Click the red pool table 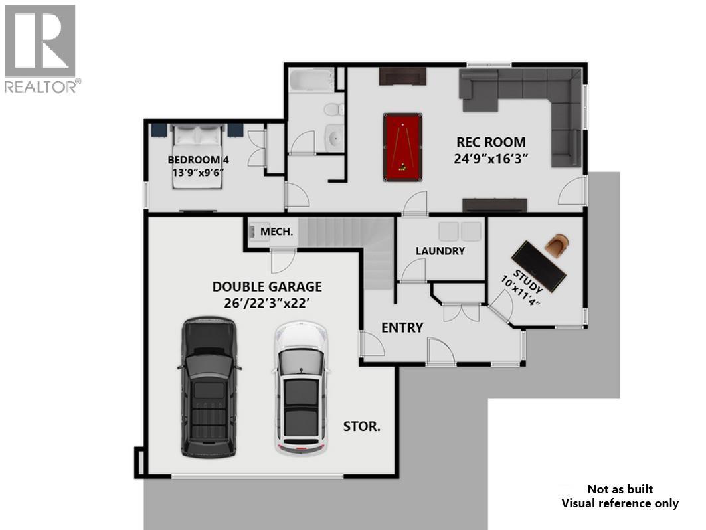pos(402,146)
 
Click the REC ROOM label pos(491,142)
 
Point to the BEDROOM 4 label pos(198,160)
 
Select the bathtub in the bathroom pos(311,83)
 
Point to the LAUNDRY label pos(440,251)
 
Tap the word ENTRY pos(402,327)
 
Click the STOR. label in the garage pos(362,426)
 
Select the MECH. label pos(276,231)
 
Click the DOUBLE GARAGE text pos(267,287)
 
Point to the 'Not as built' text pos(620,489)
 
